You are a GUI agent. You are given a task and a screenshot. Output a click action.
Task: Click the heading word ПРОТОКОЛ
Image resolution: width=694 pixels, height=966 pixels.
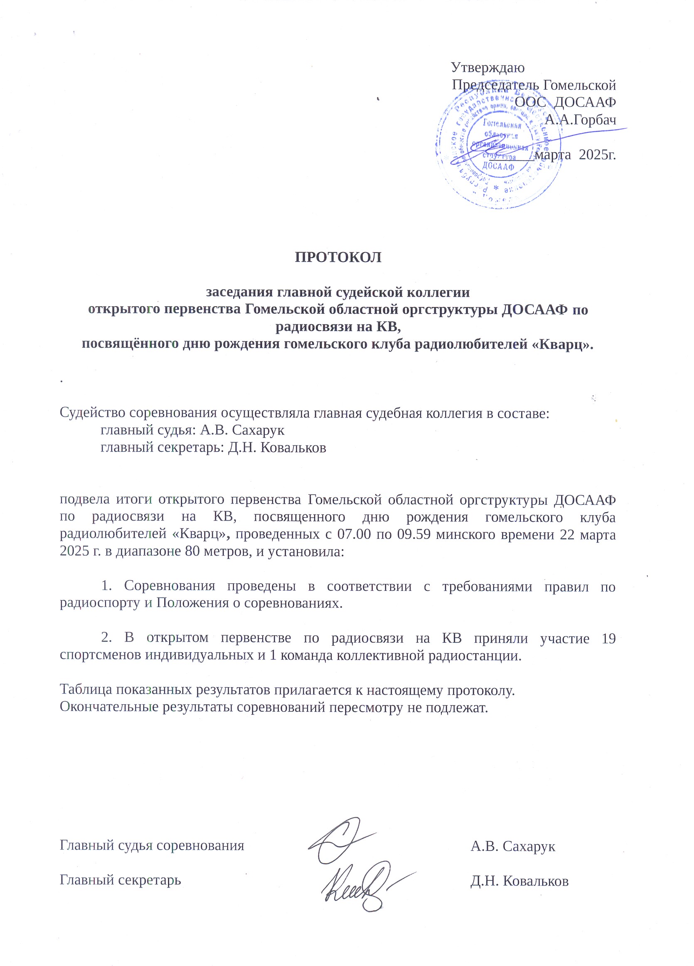338,257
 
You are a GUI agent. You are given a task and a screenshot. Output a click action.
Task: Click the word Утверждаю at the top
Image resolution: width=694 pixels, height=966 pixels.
488,67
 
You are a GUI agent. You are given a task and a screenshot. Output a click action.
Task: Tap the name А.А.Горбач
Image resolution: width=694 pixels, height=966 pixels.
580,120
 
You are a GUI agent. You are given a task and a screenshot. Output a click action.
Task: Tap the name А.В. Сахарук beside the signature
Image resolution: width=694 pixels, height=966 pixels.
513,846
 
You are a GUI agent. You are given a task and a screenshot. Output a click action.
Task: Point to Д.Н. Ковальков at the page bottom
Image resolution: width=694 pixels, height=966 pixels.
519,880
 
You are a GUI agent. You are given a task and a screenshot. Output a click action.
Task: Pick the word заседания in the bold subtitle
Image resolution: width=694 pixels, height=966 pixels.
240,292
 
